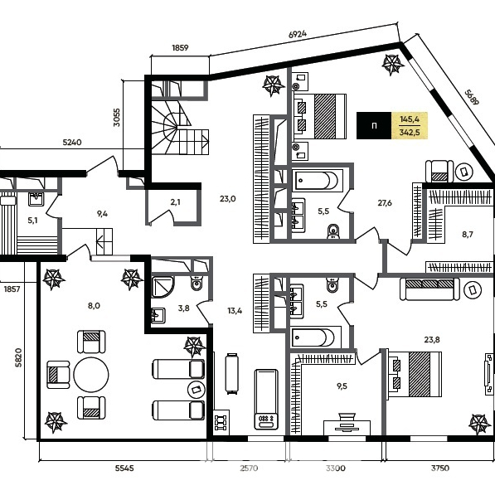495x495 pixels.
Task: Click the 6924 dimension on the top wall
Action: click(x=298, y=33)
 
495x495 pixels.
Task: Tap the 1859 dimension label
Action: click(x=180, y=47)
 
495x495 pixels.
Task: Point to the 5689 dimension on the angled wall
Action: click(x=472, y=98)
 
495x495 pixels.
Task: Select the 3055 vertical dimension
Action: click(x=116, y=118)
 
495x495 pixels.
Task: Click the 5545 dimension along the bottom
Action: click(x=124, y=468)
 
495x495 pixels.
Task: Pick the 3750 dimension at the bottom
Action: click(x=440, y=468)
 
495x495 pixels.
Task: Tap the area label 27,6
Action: click(x=385, y=202)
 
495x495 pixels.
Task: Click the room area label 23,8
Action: click(x=432, y=340)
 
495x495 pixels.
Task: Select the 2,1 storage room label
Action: click(x=175, y=202)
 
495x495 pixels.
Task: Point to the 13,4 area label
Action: click(x=235, y=311)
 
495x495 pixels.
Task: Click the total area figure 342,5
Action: click(x=410, y=133)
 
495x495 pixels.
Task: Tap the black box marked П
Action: click(x=374, y=126)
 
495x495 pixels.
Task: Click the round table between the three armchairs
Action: click(x=91, y=375)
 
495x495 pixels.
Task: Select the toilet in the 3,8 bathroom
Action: click(x=197, y=284)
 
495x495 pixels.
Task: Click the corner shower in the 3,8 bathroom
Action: click(x=163, y=287)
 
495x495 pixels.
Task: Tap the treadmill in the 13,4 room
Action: click(x=266, y=400)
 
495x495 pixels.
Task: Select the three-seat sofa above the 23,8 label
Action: click(x=429, y=289)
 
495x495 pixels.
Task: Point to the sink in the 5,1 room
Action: click(x=36, y=199)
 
